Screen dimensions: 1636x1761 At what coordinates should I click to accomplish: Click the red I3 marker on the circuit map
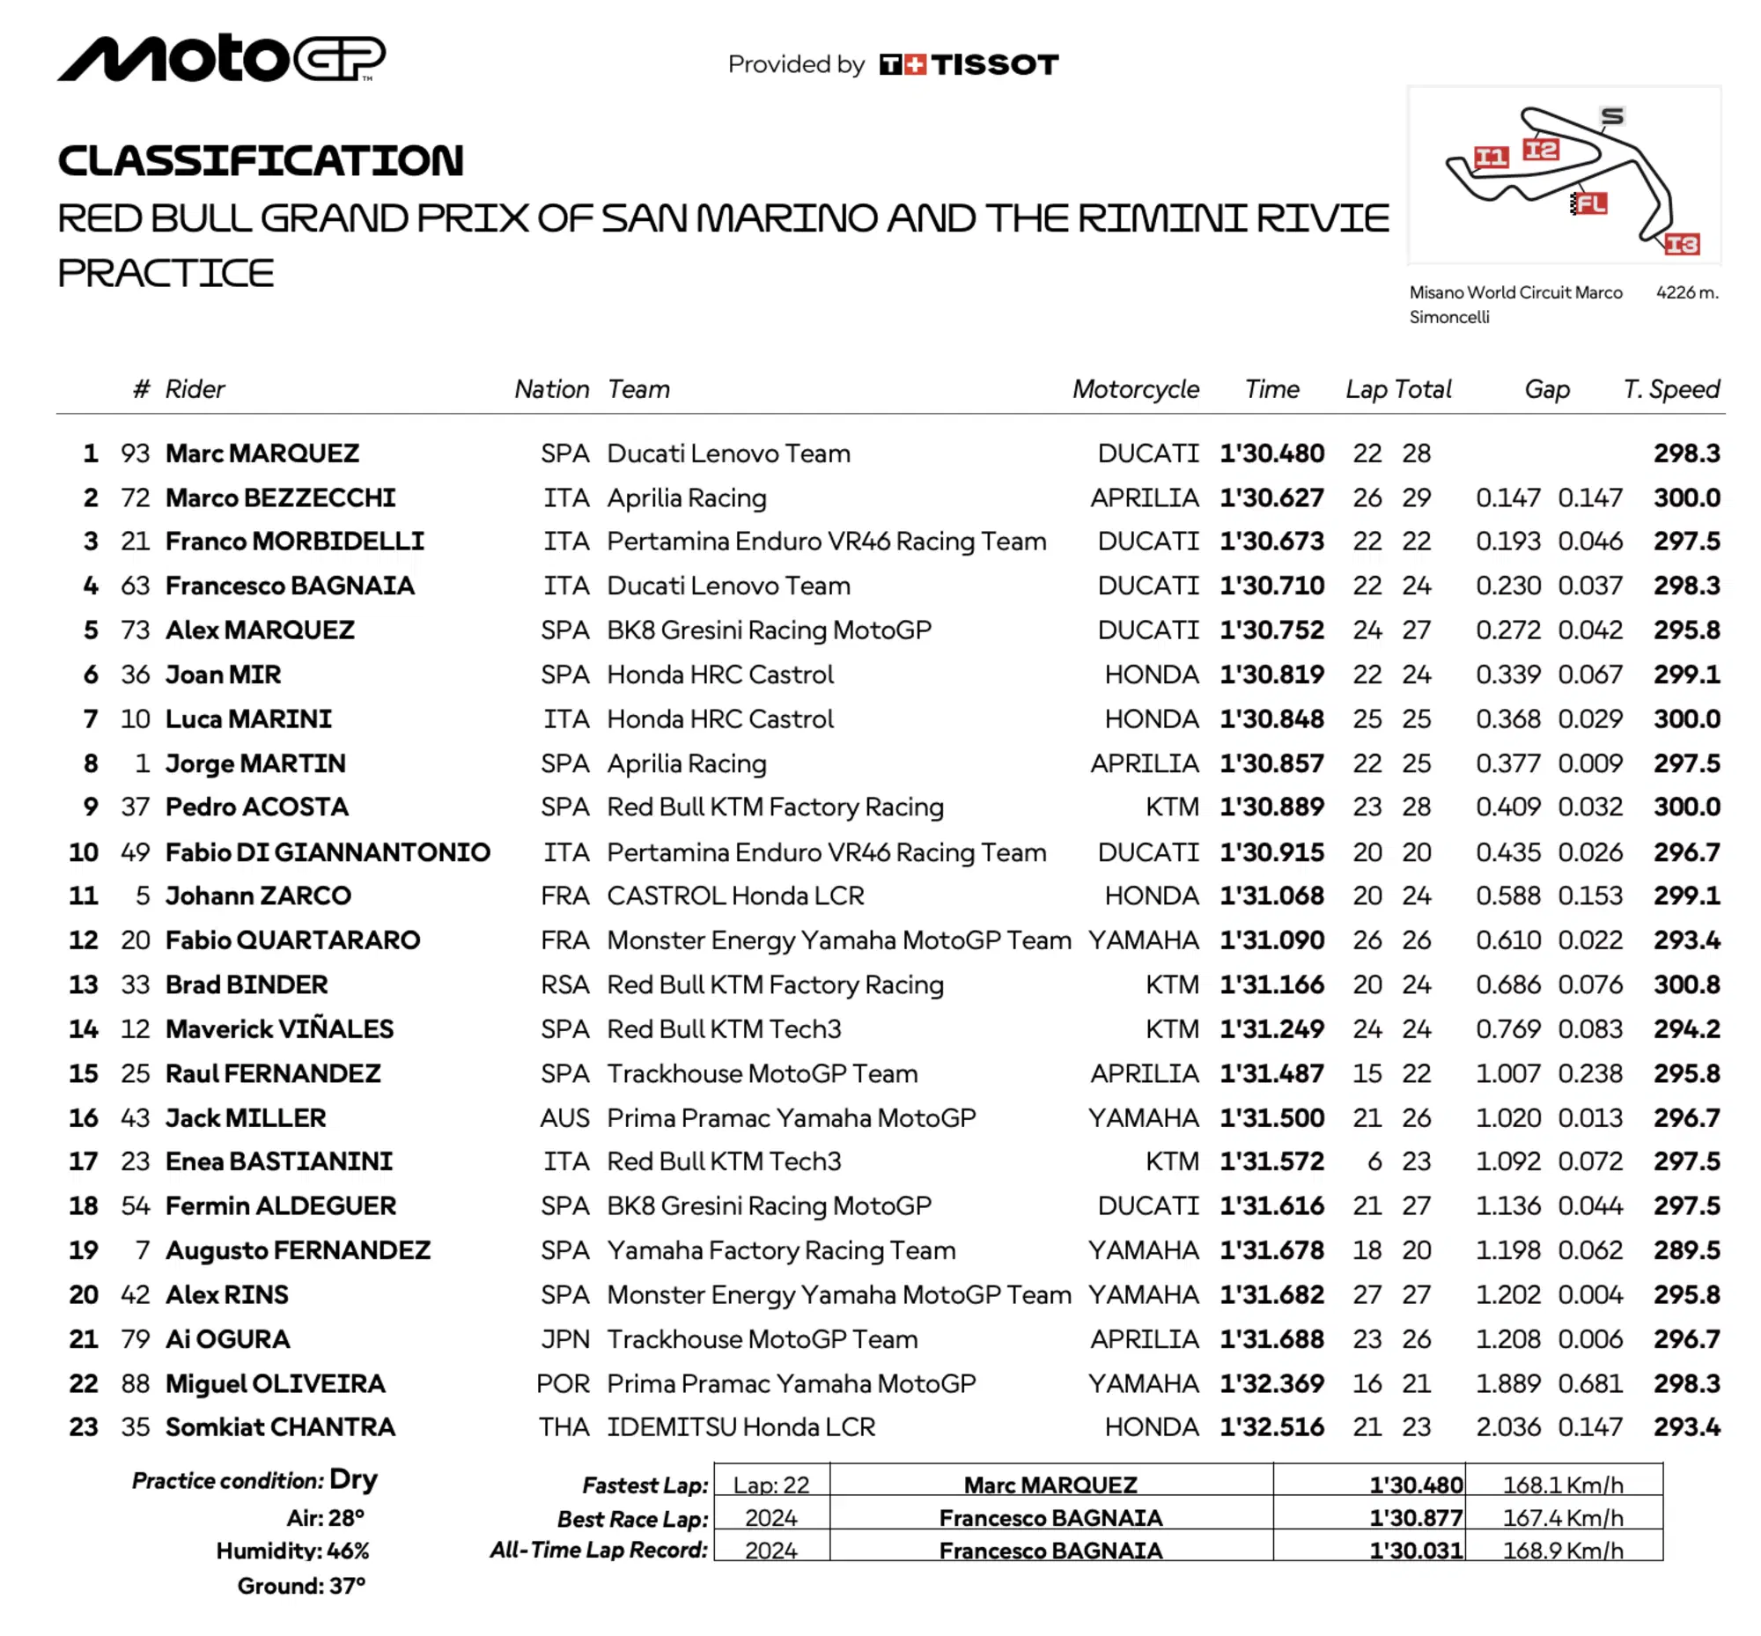pyautogui.click(x=1682, y=244)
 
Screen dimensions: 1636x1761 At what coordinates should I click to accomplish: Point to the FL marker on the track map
pyautogui.click(x=1590, y=203)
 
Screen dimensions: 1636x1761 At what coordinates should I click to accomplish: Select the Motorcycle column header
pyautogui.click(x=1135, y=389)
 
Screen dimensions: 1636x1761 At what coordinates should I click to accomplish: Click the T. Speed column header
pyautogui.click(x=1670, y=389)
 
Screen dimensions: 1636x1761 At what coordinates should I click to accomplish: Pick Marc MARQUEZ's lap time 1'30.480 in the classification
pyautogui.click(x=1271, y=453)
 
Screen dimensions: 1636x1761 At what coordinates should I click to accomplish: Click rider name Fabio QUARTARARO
pyautogui.click(x=292, y=940)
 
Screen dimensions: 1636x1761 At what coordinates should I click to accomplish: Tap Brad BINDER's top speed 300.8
pyautogui.click(x=1687, y=984)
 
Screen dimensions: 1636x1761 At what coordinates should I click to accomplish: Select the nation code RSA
pyautogui.click(x=565, y=984)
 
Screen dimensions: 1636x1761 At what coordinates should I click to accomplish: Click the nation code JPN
pyautogui.click(x=565, y=1339)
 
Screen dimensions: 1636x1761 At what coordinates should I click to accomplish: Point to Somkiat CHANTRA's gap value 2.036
pyautogui.click(x=1507, y=1427)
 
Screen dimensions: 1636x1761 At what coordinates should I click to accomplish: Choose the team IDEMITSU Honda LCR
pyautogui.click(x=741, y=1427)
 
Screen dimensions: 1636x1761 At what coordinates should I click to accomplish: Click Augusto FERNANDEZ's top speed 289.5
pyautogui.click(x=1687, y=1250)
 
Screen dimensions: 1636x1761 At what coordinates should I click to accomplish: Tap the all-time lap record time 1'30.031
pyautogui.click(x=1416, y=1551)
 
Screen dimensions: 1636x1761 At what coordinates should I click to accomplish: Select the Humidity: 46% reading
pyautogui.click(x=292, y=1551)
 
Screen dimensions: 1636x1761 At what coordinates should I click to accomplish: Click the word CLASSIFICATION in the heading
pyautogui.click(x=261, y=161)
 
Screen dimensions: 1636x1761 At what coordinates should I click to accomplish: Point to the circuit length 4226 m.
pyautogui.click(x=1687, y=292)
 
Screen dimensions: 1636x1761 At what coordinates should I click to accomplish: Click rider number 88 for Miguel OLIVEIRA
pyautogui.click(x=136, y=1383)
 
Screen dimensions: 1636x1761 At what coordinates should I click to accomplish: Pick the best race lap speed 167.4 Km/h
pyautogui.click(x=1563, y=1518)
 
